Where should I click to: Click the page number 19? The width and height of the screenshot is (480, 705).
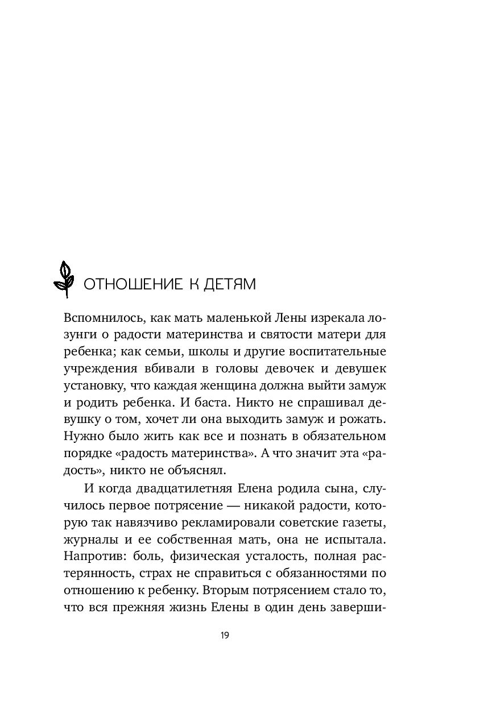[x=225, y=635]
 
